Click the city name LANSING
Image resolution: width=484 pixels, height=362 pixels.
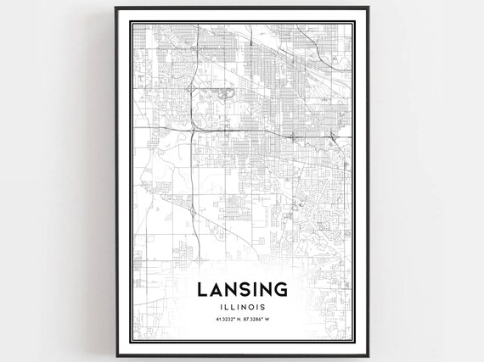(241, 289)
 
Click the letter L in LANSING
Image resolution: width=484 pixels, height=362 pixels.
(202, 289)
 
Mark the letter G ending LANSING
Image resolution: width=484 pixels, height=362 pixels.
(279, 289)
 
